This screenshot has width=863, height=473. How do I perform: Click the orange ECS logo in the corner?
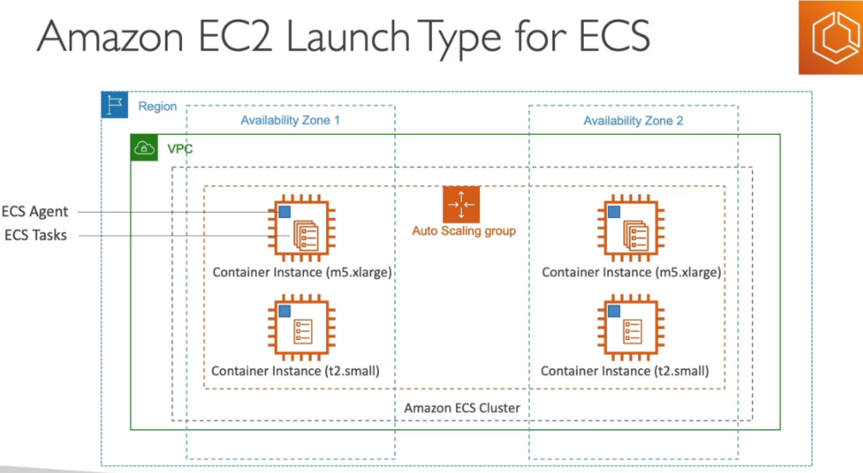(830, 37)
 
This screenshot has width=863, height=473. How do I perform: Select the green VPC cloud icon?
(144, 149)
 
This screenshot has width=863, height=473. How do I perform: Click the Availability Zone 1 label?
(290, 120)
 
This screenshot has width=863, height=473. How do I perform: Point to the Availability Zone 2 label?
(633, 121)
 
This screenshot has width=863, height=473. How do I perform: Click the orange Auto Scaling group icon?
(461, 205)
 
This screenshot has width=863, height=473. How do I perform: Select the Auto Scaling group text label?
(464, 231)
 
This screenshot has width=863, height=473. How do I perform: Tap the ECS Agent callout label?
(35, 211)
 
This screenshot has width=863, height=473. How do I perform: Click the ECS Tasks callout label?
(35, 234)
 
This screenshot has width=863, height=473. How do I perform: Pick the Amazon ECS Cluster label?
(462, 408)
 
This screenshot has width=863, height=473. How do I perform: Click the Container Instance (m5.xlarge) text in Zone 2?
(631, 272)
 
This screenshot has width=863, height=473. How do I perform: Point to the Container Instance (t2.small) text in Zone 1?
(295, 371)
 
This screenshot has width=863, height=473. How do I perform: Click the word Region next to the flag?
(157, 106)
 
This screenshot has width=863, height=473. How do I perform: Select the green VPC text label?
(179, 149)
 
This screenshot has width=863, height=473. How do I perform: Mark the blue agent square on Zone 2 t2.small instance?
(614, 311)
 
